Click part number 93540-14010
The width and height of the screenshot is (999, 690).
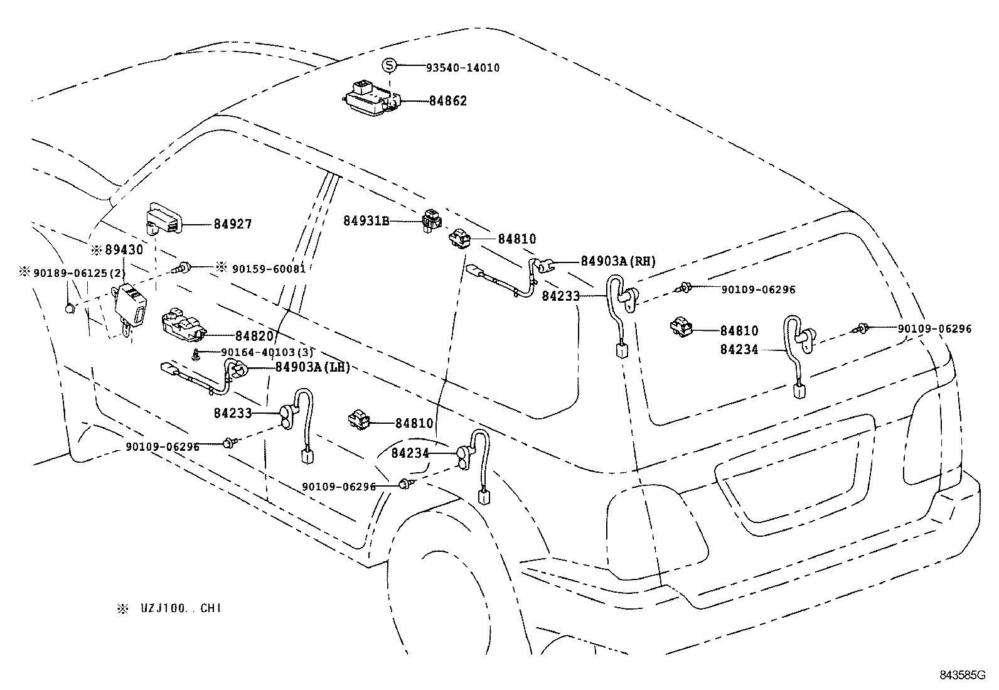pyautogui.click(x=462, y=68)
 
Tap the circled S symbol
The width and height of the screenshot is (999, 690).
pyautogui.click(x=389, y=65)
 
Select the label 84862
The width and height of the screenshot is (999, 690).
pyautogui.click(x=448, y=101)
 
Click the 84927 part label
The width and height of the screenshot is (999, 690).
pyautogui.click(x=232, y=224)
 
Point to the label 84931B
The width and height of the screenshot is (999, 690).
pyautogui.click(x=366, y=221)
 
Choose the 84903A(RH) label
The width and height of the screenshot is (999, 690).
pyautogui.click(x=618, y=261)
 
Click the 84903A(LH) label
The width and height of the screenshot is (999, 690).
pyautogui.click(x=313, y=367)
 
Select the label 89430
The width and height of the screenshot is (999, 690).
pyautogui.click(x=124, y=250)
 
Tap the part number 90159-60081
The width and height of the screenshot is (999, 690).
pyautogui.click(x=269, y=269)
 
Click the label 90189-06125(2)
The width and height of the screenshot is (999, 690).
pyautogui.click(x=80, y=272)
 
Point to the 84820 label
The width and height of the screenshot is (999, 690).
pyautogui.click(x=254, y=336)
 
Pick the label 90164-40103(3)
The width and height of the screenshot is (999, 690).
pyautogui.click(x=267, y=352)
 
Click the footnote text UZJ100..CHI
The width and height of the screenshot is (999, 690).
pyautogui.click(x=181, y=608)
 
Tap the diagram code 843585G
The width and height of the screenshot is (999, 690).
pyautogui.click(x=963, y=675)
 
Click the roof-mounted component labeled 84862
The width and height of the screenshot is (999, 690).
pyautogui.click(x=370, y=99)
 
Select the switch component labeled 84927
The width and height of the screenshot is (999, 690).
pyautogui.click(x=164, y=218)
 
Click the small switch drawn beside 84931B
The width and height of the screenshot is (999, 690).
pyautogui.click(x=431, y=220)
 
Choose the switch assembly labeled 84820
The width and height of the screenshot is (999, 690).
pyautogui.click(x=183, y=323)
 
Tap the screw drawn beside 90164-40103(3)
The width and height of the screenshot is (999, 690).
pyautogui.click(x=195, y=353)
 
